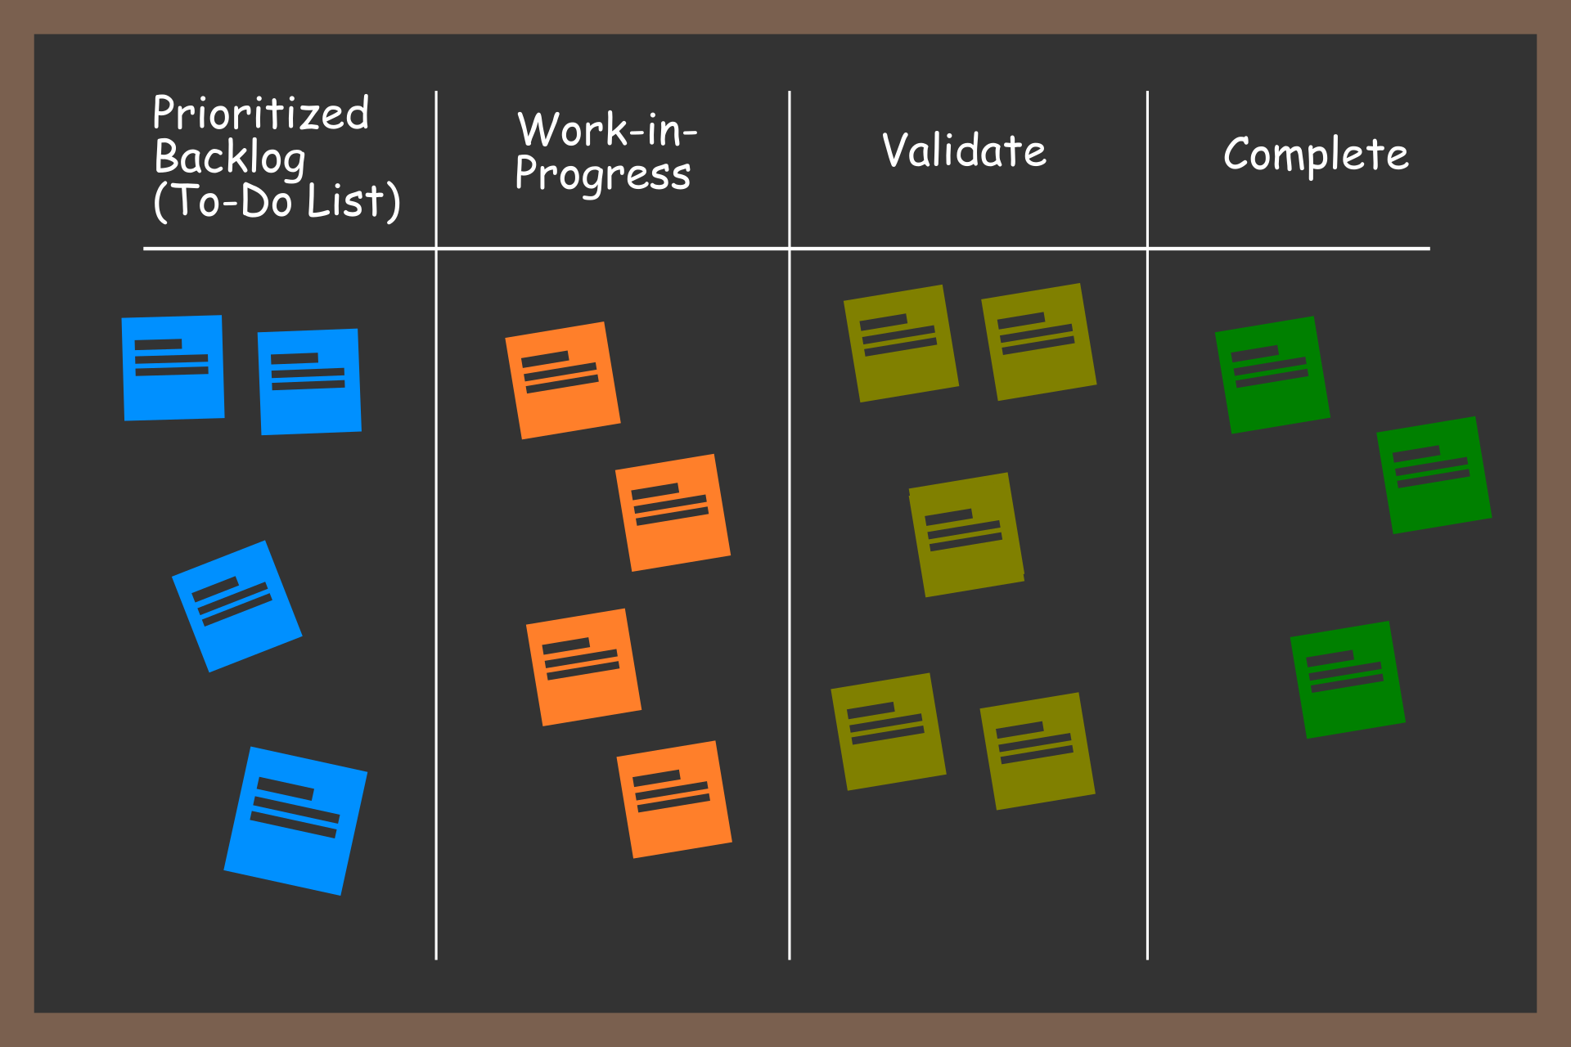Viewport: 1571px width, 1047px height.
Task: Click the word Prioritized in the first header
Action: tap(260, 113)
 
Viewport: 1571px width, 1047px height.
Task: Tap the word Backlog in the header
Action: tap(230, 157)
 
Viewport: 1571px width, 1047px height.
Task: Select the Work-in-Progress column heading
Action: tap(605, 152)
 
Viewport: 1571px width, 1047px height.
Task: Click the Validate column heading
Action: tap(964, 151)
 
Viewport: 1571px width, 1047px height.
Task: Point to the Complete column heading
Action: tap(1316, 154)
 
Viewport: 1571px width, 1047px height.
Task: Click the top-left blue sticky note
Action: tap(173, 368)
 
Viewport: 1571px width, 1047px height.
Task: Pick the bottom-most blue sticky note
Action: tap(295, 820)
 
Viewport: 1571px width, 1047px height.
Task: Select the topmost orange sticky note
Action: tap(563, 380)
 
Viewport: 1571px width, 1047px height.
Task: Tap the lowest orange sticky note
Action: tap(674, 799)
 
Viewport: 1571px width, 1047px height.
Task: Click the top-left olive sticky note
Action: tap(901, 344)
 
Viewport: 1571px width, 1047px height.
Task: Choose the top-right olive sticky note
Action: tap(1038, 342)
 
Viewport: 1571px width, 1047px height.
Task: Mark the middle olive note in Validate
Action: tap(966, 535)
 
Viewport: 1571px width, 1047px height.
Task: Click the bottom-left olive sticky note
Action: tap(889, 731)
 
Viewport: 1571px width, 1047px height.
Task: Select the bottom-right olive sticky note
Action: tap(1038, 751)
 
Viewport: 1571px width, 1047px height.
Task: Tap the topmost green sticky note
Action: tap(1272, 375)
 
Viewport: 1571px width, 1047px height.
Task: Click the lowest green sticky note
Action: tap(1348, 680)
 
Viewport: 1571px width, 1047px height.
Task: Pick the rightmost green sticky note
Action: tap(1434, 475)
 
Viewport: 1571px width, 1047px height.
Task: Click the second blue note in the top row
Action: tap(309, 382)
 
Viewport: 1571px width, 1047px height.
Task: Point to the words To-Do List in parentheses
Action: tap(277, 201)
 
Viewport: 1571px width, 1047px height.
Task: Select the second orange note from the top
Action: tap(673, 513)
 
